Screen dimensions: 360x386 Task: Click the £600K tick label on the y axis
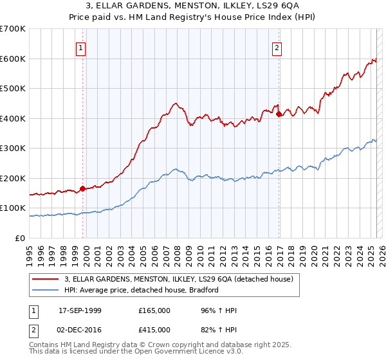13,59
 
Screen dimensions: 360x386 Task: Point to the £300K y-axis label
13,148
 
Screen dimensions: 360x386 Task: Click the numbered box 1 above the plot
82,47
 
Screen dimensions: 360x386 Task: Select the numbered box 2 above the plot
276,47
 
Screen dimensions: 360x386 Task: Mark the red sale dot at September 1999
82,188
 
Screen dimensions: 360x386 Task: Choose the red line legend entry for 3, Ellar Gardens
179,279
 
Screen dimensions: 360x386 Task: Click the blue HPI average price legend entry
142,290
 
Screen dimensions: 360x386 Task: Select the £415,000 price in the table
154,329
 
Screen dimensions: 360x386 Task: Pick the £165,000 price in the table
154,310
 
